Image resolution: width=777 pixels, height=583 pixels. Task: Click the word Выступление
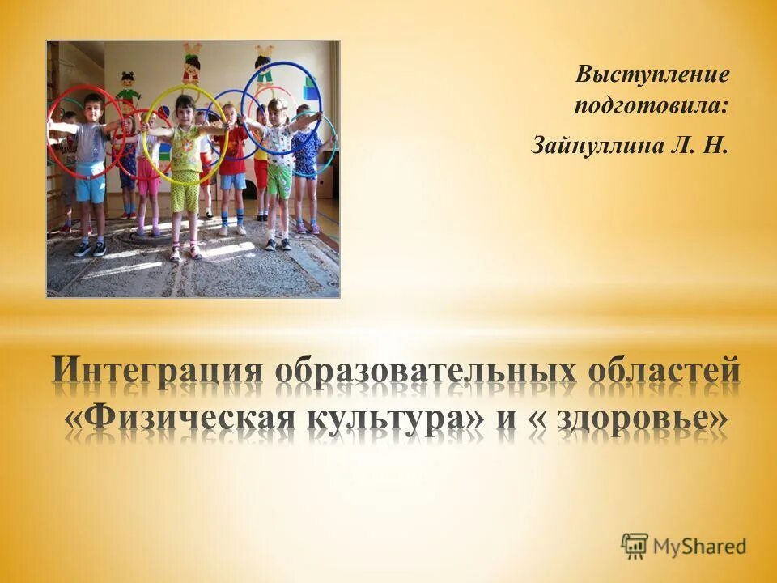(652, 76)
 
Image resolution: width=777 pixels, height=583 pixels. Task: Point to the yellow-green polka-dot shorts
(185, 191)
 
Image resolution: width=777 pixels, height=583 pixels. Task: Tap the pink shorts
(148, 185)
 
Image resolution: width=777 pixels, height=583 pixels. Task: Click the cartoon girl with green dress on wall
(127, 86)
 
